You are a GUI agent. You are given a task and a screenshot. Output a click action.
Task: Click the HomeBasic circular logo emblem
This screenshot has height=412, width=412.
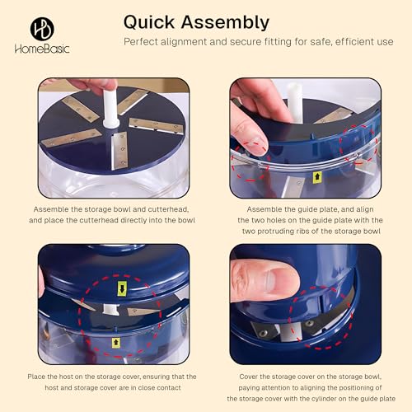[x=42, y=29]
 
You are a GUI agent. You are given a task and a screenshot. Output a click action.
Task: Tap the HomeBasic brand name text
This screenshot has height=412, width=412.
[x=42, y=49]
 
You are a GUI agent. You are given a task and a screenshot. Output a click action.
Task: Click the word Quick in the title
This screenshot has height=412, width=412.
[x=149, y=22]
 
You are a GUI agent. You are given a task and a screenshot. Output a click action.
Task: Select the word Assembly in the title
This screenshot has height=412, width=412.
[x=225, y=23]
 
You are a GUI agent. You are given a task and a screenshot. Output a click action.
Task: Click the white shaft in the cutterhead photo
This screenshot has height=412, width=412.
[x=110, y=107]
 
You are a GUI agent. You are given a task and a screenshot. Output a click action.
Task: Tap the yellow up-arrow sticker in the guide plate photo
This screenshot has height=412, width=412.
[x=317, y=177]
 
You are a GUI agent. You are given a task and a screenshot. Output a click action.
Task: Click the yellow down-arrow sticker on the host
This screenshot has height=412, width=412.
[x=122, y=288]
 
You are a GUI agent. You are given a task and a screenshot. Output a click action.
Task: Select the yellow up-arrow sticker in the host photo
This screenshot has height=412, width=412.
[x=116, y=343]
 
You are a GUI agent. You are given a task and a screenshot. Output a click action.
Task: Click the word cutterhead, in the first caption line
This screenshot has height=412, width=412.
[x=168, y=209]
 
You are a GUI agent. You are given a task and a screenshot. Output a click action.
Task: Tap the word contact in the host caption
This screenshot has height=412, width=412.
[x=169, y=388]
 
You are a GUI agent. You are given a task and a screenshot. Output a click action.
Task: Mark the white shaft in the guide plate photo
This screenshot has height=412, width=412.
[x=294, y=103]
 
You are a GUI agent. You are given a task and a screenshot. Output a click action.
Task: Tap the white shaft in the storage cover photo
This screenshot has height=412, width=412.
[x=291, y=332]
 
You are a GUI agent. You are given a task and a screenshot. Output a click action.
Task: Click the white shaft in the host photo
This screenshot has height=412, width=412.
[x=111, y=309]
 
